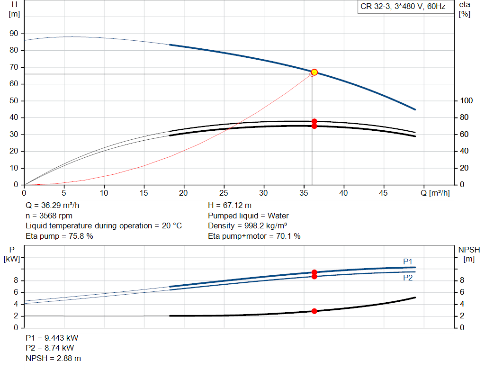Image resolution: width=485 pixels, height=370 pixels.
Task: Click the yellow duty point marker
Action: pyautogui.click(x=314, y=72)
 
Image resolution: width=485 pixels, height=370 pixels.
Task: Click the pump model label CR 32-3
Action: pyautogui.click(x=377, y=7)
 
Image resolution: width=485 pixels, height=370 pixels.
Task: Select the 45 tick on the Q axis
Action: pyautogui.click(x=384, y=193)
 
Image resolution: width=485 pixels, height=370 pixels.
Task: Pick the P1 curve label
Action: pyautogui.click(x=408, y=261)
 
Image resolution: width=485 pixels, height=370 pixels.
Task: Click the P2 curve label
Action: pyautogui.click(x=408, y=278)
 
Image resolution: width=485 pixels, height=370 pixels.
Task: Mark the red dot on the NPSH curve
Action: pyautogui.click(x=314, y=311)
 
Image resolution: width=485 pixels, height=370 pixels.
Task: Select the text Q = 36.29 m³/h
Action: pyautogui.click(x=53, y=206)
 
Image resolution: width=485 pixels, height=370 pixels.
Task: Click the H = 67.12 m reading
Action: pyautogui.click(x=230, y=206)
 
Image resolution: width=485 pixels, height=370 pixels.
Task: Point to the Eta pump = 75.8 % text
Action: pyautogui.click(x=59, y=236)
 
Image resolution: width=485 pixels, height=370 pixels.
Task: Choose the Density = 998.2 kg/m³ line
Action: pyautogui.click(x=248, y=226)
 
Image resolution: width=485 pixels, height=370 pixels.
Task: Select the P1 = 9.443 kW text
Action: pyautogui.click(x=52, y=338)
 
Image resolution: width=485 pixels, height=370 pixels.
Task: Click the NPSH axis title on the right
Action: pyautogui.click(x=469, y=250)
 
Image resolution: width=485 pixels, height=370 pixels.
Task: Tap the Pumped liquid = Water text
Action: pyautogui.click(x=248, y=216)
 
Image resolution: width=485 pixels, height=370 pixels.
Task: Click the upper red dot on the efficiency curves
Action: pyautogui.click(x=314, y=121)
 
